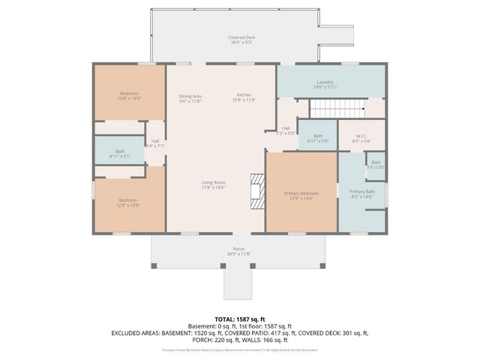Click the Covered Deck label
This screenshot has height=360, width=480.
(241, 40)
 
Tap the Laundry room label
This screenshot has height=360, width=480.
(325, 84)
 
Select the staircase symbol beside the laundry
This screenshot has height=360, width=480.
(358, 109)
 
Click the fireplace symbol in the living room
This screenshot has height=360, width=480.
(257, 190)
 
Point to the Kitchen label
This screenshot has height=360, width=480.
(244, 97)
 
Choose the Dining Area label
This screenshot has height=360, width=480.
(190, 97)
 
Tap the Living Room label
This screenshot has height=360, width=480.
(214, 184)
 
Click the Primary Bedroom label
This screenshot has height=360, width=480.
(301, 195)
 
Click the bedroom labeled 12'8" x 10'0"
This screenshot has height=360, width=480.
(129, 95)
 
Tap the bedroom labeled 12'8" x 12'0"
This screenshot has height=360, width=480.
(129, 202)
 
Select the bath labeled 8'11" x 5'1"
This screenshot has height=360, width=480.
(120, 153)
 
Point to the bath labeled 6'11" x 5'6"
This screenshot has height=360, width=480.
(318, 138)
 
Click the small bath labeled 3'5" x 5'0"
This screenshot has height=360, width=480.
(376, 165)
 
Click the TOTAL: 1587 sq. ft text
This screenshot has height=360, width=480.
(240, 319)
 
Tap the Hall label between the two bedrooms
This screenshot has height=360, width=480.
(155, 142)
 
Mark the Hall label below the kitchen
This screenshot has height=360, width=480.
(286, 130)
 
